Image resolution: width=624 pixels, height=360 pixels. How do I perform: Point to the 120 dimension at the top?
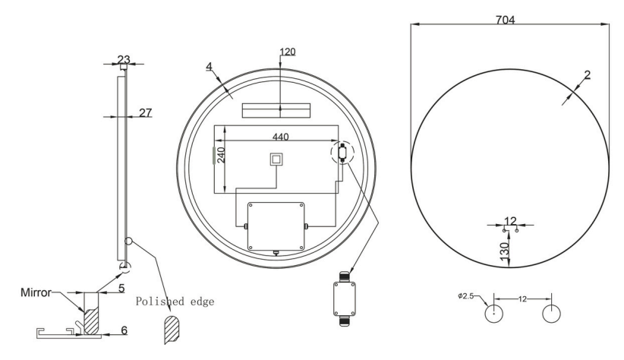[288, 52]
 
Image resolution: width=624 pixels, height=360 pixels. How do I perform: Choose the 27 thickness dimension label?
[144, 112]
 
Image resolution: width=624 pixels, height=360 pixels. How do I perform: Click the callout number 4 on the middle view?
[208, 66]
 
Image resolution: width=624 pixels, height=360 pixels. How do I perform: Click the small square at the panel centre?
[277, 159]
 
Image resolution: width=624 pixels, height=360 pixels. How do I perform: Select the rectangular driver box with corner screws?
[276, 226]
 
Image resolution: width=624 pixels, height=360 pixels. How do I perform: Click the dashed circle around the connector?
[343, 153]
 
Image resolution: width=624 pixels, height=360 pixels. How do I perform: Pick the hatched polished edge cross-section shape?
[172, 330]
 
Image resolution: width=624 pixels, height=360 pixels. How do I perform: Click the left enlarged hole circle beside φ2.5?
[494, 311]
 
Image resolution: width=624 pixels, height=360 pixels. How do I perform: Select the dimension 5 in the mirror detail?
[120, 289]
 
